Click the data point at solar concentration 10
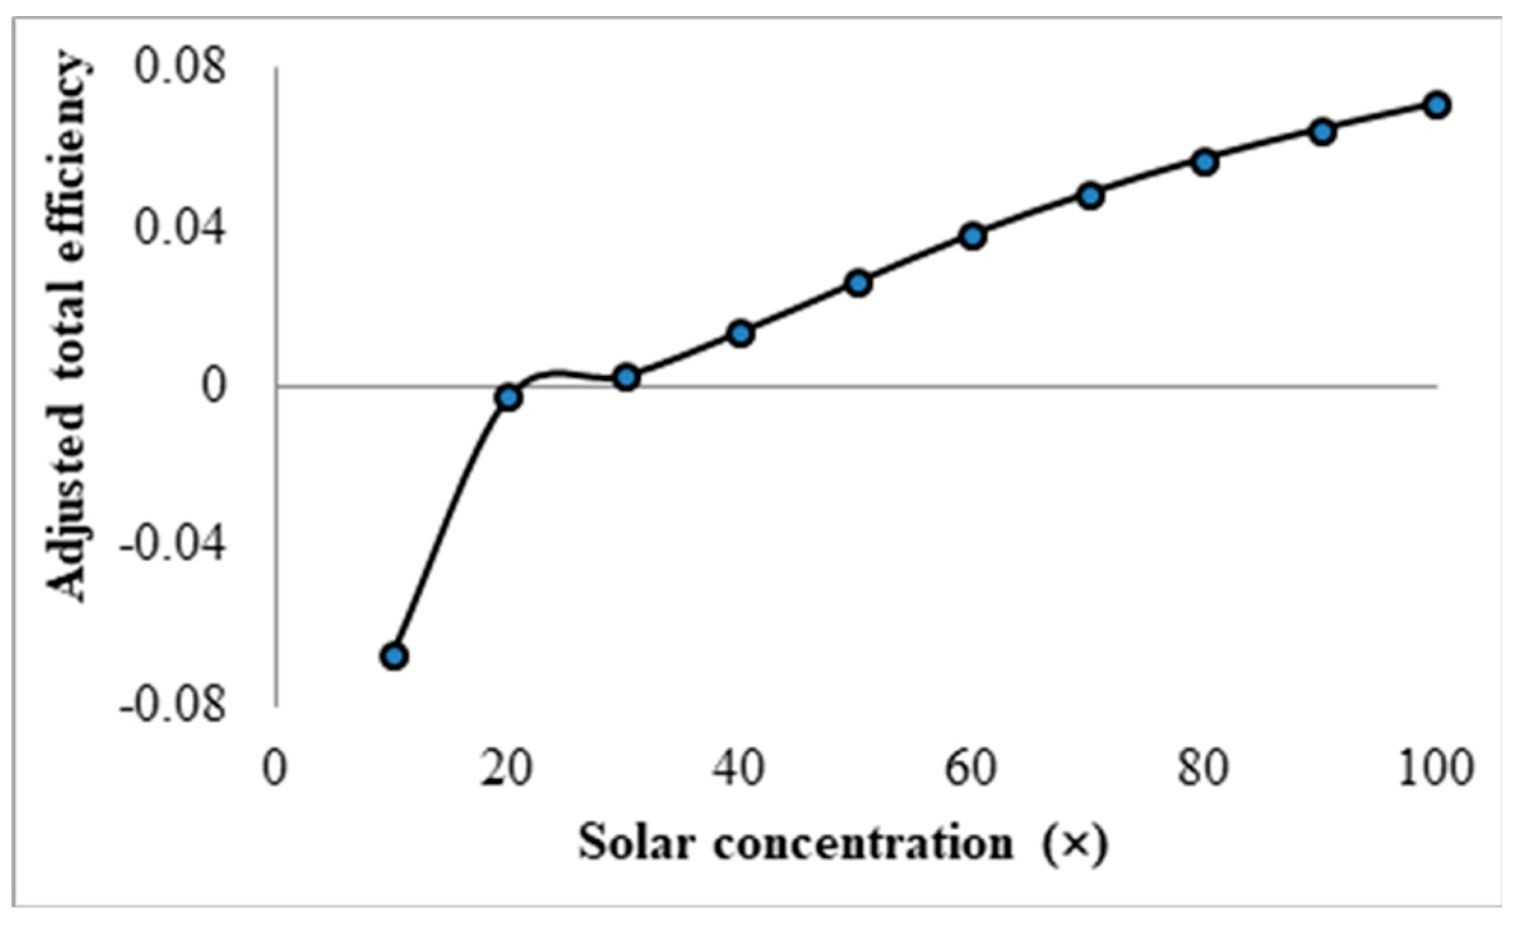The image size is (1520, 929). (x=394, y=656)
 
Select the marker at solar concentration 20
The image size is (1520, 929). (x=508, y=398)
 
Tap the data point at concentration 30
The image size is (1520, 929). (x=627, y=378)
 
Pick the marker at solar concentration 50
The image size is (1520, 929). (x=859, y=283)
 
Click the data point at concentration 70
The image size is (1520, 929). (x=1091, y=196)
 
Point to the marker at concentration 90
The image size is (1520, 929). (x=1323, y=132)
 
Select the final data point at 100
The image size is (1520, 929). (x=1436, y=105)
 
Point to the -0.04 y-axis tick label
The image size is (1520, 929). (x=172, y=546)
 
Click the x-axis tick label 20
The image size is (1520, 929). (x=506, y=769)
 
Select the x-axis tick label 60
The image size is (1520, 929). (x=970, y=769)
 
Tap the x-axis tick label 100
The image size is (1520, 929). (x=1436, y=769)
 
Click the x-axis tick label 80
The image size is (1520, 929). (x=1203, y=769)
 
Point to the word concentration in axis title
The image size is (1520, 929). (x=863, y=843)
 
